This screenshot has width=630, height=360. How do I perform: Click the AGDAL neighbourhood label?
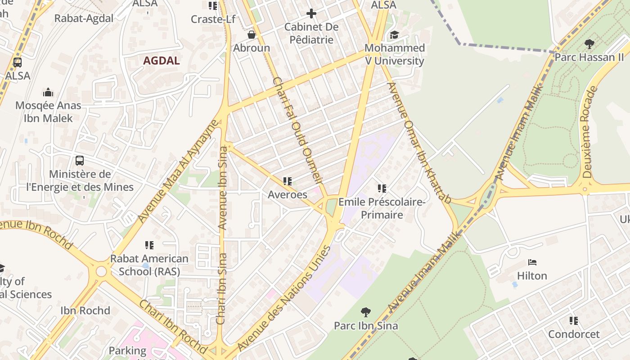click(x=161, y=61)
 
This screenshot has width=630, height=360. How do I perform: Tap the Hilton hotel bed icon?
click(x=532, y=262)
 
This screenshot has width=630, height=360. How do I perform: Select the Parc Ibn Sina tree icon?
click(x=366, y=311)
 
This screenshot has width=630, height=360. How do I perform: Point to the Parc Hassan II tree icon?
click(x=589, y=44)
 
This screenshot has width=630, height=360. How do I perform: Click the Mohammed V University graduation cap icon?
click(x=394, y=35)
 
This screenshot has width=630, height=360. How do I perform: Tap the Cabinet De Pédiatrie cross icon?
click(x=311, y=13)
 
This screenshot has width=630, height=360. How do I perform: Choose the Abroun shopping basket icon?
click(x=252, y=35)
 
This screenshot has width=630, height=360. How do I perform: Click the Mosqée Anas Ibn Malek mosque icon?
click(x=48, y=92)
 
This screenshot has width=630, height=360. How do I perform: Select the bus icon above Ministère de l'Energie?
click(x=80, y=160)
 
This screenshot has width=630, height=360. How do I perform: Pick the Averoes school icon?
click(x=288, y=181)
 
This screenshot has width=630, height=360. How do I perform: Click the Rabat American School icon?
click(x=149, y=245)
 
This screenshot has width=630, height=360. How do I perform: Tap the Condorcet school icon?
click(x=574, y=321)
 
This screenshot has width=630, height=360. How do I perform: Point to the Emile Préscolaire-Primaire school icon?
click(x=382, y=189)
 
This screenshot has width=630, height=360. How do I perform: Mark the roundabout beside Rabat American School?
click(x=101, y=271)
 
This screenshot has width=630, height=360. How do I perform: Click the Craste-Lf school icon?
click(x=212, y=6)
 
